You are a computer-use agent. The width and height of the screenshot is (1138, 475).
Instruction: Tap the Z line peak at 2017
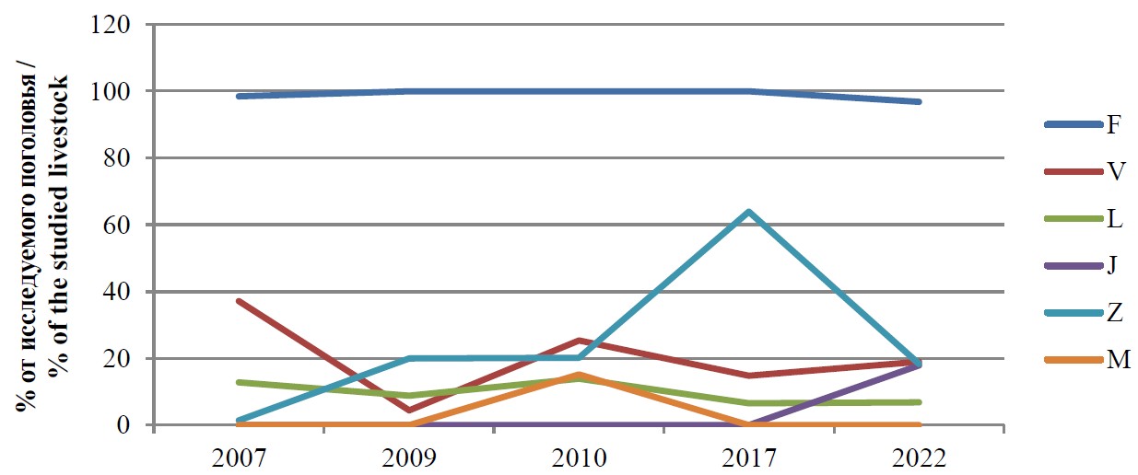point(750,212)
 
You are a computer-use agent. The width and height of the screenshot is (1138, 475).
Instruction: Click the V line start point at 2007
point(239,301)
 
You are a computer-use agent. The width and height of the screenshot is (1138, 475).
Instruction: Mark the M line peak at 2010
point(579,375)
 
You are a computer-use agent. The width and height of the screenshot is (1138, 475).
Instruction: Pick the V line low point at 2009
point(408,411)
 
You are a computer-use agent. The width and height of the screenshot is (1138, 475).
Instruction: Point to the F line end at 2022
point(920,101)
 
